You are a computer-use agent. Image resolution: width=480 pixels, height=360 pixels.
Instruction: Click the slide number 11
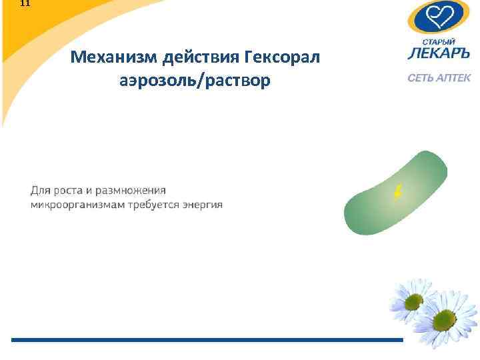[25, 3]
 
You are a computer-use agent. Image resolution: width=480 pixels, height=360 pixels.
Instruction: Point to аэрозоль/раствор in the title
[195, 81]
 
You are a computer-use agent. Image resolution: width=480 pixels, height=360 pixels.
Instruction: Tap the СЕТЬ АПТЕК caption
[439, 78]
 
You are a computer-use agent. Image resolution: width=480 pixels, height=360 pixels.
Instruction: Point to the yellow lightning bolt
[398, 193]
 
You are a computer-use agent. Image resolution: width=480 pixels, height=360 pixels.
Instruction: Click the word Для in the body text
[41, 191]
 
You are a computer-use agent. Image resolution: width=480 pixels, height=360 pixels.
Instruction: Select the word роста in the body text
[69, 191]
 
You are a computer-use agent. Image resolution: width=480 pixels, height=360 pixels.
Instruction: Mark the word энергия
[202, 204]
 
